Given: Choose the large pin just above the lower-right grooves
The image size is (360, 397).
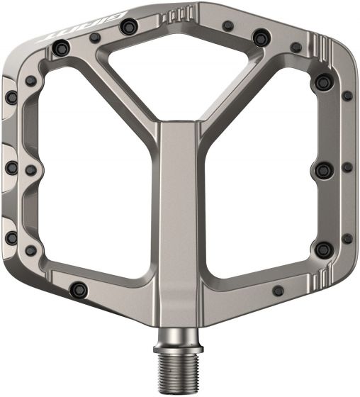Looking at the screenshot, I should [325, 247].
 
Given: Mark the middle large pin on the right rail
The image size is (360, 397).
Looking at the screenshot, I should [320, 169].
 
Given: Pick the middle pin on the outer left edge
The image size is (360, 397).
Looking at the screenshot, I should [12, 166].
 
